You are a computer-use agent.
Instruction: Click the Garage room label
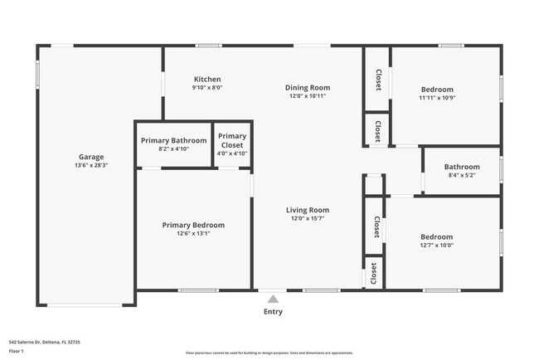[91, 157]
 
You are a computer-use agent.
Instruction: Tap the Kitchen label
[207, 79]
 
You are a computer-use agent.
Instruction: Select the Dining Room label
[308, 87]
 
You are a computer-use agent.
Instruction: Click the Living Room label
[308, 210]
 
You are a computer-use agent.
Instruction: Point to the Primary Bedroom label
[193, 225]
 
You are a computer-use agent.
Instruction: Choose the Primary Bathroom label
[173, 140]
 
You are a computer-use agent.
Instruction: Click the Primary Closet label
[232, 140]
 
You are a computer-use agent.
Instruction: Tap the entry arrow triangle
[273, 299]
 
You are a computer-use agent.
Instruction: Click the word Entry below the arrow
[273, 312]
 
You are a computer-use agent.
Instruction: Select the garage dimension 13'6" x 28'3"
[91, 166]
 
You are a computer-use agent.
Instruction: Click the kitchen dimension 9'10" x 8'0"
[207, 87]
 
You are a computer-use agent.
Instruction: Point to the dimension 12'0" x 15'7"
[308, 219]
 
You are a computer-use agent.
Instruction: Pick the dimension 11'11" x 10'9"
[437, 98]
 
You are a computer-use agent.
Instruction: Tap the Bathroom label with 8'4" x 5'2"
[462, 166]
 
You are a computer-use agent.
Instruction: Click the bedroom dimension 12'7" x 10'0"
[436, 245]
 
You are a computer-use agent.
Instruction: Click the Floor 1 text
[17, 351]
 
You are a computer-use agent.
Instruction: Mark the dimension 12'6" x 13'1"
[193, 234]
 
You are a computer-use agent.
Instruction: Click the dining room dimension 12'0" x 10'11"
[308, 96]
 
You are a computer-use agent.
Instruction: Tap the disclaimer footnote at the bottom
[269, 351]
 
